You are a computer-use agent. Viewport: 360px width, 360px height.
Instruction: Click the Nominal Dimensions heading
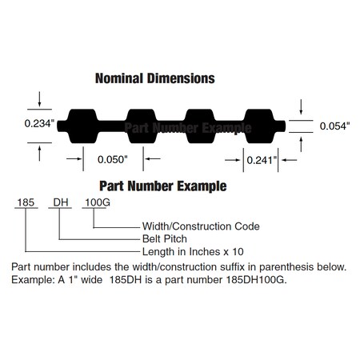click(155, 78)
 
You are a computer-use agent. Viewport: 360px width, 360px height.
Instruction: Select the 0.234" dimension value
click(39, 123)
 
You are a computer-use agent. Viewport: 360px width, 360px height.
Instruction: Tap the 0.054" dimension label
click(334, 126)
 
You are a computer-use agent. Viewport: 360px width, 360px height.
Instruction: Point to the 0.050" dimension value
click(113, 159)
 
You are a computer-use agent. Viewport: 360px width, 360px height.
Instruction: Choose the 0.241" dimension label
click(262, 160)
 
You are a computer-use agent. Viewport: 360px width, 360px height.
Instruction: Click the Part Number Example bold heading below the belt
click(163, 186)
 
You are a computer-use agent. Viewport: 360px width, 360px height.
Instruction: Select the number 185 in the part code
click(26, 202)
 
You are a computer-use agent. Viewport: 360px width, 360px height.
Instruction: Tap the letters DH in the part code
click(61, 202)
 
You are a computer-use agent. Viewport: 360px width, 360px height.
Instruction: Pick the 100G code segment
click(98, 202)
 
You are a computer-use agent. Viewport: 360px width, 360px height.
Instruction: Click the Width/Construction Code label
click(201, 226)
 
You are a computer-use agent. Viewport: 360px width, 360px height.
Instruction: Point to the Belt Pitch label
click(165, 238)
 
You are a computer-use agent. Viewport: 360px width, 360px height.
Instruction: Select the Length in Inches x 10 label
click(193, 251)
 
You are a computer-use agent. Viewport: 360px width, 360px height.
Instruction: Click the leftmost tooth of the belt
click(82, 126)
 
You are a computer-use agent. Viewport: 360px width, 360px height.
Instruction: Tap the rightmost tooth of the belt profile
click(258, 126)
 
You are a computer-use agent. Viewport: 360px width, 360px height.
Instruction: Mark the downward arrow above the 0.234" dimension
click(39, 99)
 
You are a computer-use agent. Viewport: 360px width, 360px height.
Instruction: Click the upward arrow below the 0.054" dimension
click(301, 144)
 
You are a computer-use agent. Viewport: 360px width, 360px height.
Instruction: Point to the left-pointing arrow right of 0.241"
click(289, 160)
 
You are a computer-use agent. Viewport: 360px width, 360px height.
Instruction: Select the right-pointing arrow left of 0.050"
click(74, 158)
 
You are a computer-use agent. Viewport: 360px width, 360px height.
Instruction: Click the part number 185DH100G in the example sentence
click(256, 280)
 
